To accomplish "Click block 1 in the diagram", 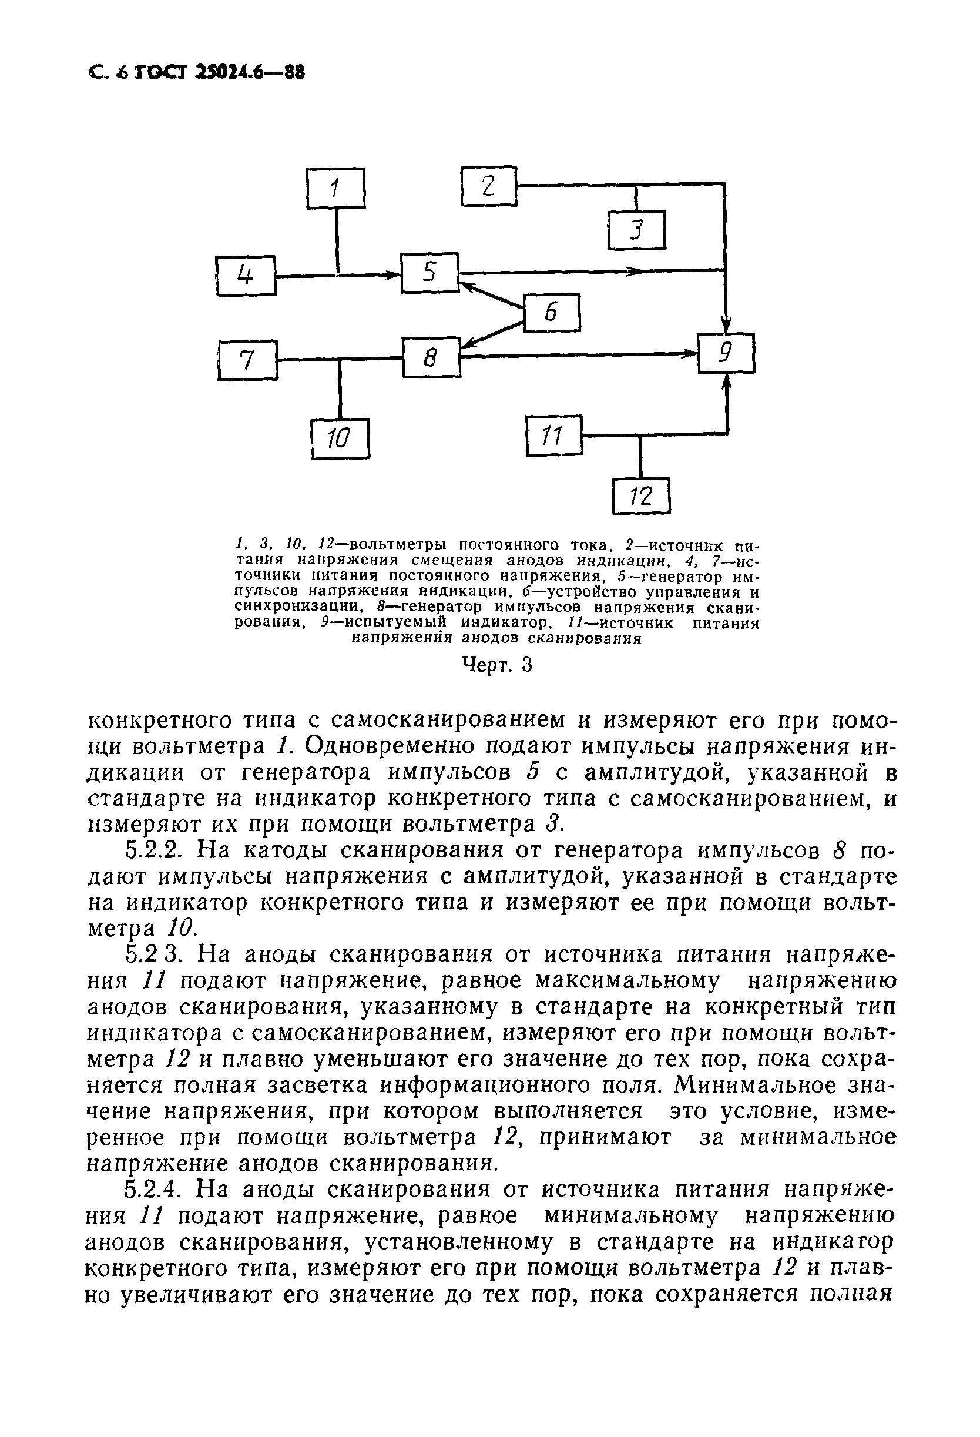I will [x=335, y=188].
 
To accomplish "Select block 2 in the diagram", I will [x=488, y=186].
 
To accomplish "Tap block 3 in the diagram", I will [x=636, y=230].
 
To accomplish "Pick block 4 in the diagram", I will [x=246, y=275].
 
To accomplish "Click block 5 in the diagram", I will [x=429, y=272].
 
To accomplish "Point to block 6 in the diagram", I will [x=552, y=312].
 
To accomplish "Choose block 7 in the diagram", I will [x=247, y=359].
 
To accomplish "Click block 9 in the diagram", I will [x=726, y=353].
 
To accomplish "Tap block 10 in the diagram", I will [x=340, y=438].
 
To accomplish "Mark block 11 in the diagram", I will [x=553, y=436].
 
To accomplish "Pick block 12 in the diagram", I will [x=641, y=495].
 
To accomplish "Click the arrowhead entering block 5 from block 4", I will [x=393, y=274].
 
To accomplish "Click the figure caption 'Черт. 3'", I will [x=497, y=665].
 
